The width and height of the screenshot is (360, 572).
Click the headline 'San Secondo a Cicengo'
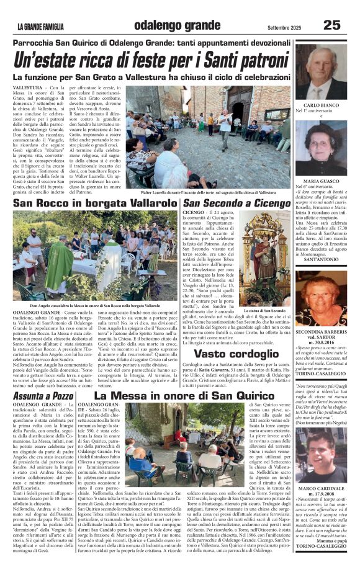pos(236,203)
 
